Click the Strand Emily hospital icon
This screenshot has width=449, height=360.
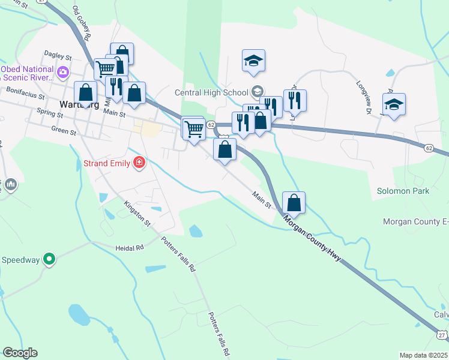[139, 162]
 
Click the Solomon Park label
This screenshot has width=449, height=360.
[403, 191]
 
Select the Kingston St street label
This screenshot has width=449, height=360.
[137, 213]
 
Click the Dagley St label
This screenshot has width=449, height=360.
[58, 56]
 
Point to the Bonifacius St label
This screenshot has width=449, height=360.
[25, 91]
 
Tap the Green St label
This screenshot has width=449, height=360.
[63, 128]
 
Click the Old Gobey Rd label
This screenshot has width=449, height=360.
[81, 23]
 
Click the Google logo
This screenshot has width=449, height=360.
[20, 353]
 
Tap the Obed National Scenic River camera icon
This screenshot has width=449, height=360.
[63, 73]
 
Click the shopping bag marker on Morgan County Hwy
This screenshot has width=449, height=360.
[294, 203]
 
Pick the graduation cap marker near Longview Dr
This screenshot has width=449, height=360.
[394, 104]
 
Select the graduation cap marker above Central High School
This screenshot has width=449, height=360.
[253, 60]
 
